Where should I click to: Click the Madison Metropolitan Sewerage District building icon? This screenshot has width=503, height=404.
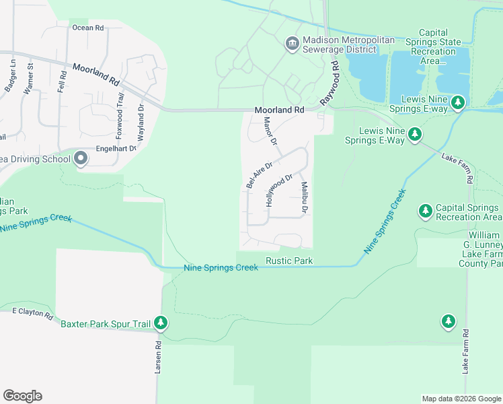pyautogui.click(x=292, y=44)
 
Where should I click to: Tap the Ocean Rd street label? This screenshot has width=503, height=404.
pyautogui.click(x=88, y=28)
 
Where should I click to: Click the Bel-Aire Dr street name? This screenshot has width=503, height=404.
pyautogui.click(x=259, y=175)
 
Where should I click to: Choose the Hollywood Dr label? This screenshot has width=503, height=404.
pyautogui.click(x=279, y=190)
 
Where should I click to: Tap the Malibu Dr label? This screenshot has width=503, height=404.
pyautogui.click(x=304, y=199)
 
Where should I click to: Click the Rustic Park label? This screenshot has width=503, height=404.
pyautogui.click(x=289, y=261)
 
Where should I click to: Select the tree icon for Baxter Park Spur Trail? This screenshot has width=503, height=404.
pyautogui.click(x=161, y=324)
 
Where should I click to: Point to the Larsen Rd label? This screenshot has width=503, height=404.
pyautogui.click(x=159, y=357)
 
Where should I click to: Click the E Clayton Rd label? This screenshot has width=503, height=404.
pyautogui.click(x=32, y=313)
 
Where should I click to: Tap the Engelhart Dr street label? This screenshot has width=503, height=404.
pyautogui.click(x=115, y=148)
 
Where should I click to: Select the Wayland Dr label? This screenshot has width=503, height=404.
pyautogui.click(x=141, y=116)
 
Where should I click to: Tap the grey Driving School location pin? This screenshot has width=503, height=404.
pyautogui.click(x=81, y=159)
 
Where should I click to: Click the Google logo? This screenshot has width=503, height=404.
pyautogui.click(x=22, y=396)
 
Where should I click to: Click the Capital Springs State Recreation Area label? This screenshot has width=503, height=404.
pyautogui.click(x=440, y=47)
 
